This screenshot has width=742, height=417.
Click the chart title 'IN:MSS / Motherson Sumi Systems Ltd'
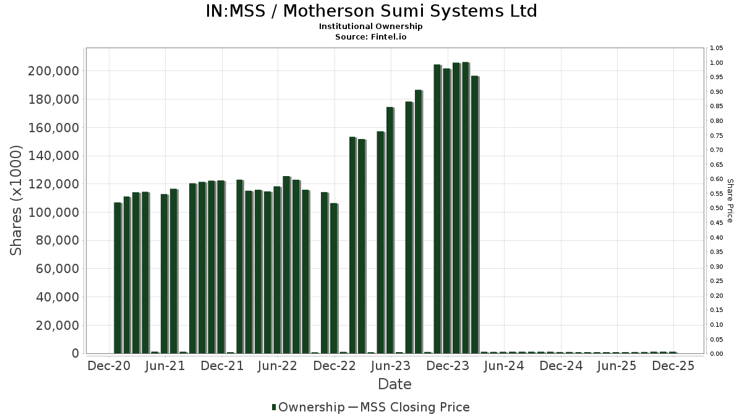[x=371, y=11]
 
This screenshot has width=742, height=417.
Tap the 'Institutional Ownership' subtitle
[x=371, y=27]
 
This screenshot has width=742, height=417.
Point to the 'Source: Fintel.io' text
[x=371, y=36]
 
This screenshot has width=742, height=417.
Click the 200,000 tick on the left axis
[x=54, y=71]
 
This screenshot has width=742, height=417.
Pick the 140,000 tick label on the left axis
[x=54, y=156]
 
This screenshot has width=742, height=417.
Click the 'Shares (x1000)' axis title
[x=17, y=200]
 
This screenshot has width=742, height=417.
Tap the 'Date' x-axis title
[x=394, y=384]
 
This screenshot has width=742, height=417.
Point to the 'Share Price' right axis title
[x=730, y=200]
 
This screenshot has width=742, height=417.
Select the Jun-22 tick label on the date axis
[x=278, y=366]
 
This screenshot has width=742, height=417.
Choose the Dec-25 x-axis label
[x=673, y=366]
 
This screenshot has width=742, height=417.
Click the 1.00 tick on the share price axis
[x=716, y=63]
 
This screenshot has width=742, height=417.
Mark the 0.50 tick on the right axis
[x=716, y=208]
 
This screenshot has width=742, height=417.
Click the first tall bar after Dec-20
[x=117, y=278]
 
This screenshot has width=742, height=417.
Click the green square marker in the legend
[x=274, y=407]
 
